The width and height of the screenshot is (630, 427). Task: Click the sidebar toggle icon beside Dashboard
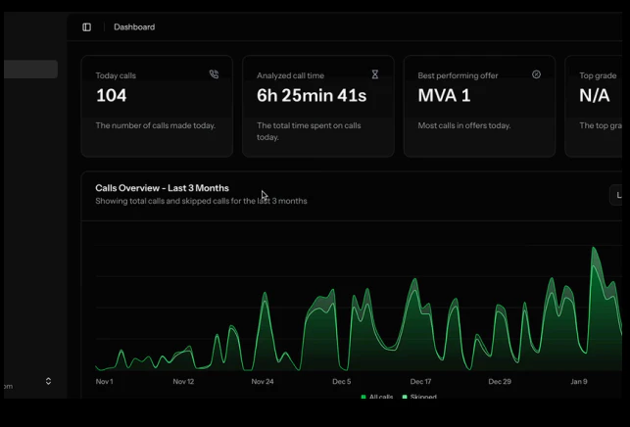(x=86, y=27)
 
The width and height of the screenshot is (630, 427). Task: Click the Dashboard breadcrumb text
(x=134, y=27)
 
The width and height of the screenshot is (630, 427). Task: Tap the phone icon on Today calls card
(x=214, y=74)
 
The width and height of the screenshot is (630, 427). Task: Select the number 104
(x=112, y=95)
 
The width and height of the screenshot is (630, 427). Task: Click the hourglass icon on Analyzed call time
(x=374, y=74)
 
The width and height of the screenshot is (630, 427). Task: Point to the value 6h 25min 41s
(x=312, y=95)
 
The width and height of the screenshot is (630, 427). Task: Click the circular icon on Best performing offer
(x=536, y=74)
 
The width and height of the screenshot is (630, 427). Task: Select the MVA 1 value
(x=444, y=95)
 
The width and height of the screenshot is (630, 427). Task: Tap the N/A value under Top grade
(x=595, y=95)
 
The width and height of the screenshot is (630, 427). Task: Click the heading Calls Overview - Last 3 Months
(x=162, y=188)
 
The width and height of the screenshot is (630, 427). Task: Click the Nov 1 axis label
(x=104, y=381)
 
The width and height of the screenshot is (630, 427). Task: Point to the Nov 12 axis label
(x=183, y=381)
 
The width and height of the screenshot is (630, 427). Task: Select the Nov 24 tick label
(x=263, y=381)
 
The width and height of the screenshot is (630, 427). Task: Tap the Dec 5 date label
(x=341, y=381)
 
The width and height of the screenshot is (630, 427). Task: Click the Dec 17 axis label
(x=420, y=381)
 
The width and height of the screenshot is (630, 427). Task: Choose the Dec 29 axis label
(x=500, y=381)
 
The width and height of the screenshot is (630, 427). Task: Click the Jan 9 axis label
(x=579, y=381)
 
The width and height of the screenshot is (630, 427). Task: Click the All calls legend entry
(x=377, y=397)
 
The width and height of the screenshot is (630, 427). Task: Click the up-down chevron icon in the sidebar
(x=48, y=381)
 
